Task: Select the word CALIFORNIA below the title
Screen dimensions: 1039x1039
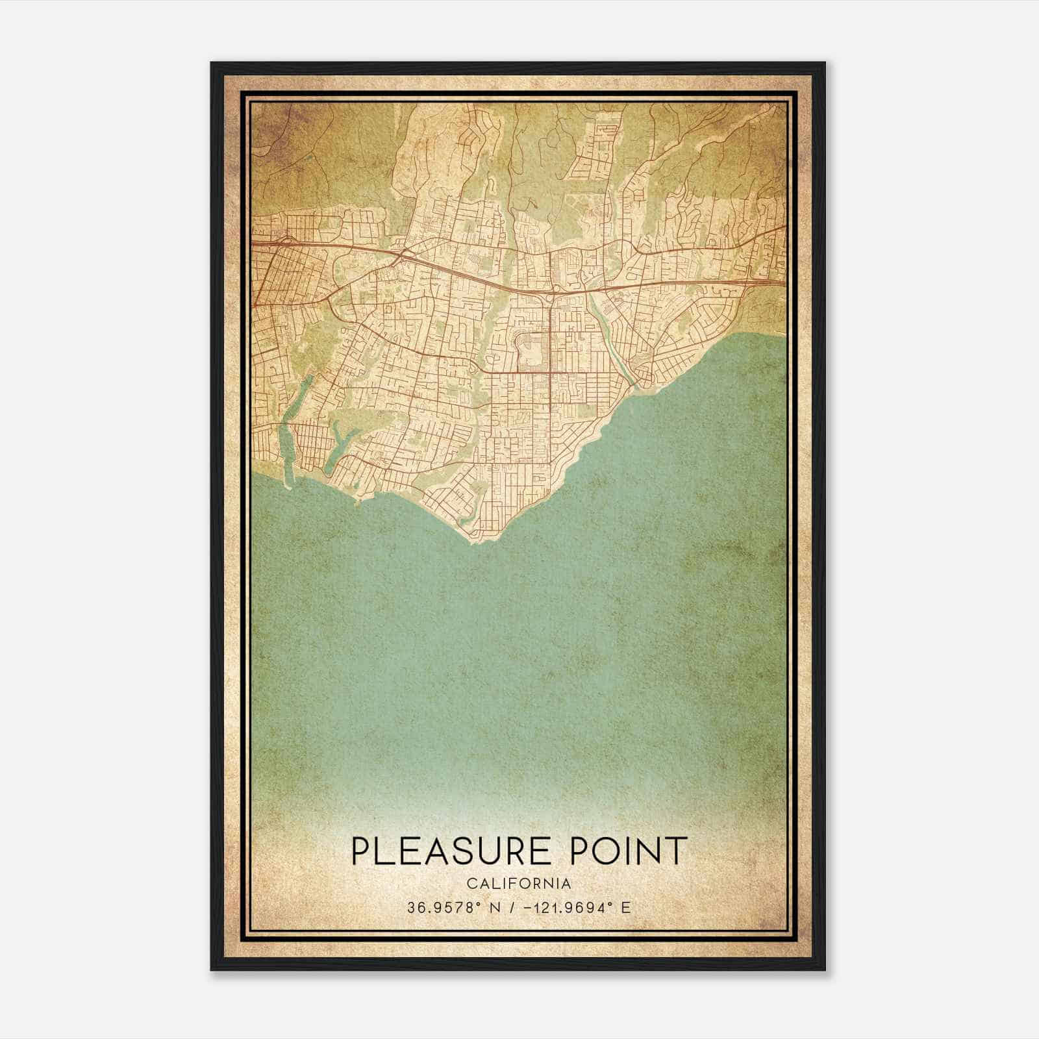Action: point(519,884)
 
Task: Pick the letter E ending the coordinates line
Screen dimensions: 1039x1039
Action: point(626,908)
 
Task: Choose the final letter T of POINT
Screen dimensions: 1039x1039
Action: point(678,851)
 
